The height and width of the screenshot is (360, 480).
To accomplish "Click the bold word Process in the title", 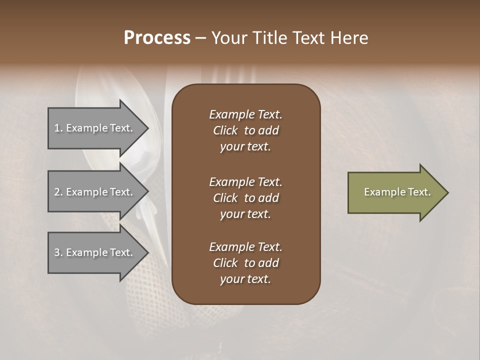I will [157, 38].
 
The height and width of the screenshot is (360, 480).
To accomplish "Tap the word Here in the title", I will [350, 38].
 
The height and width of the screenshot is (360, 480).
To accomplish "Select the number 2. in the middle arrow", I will [58, 192].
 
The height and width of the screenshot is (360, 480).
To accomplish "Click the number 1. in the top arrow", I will [58, 128].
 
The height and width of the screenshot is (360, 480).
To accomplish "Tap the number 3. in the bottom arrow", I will [58, 252].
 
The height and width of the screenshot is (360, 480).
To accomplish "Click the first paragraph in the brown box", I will [245, 130].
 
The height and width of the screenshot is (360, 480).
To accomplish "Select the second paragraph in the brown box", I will [245, 198].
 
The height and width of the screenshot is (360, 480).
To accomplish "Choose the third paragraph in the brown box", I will [245, 263].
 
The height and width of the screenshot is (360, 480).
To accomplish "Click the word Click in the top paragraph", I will [225, 130].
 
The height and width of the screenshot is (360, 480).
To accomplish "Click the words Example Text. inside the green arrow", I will [397, 192].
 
